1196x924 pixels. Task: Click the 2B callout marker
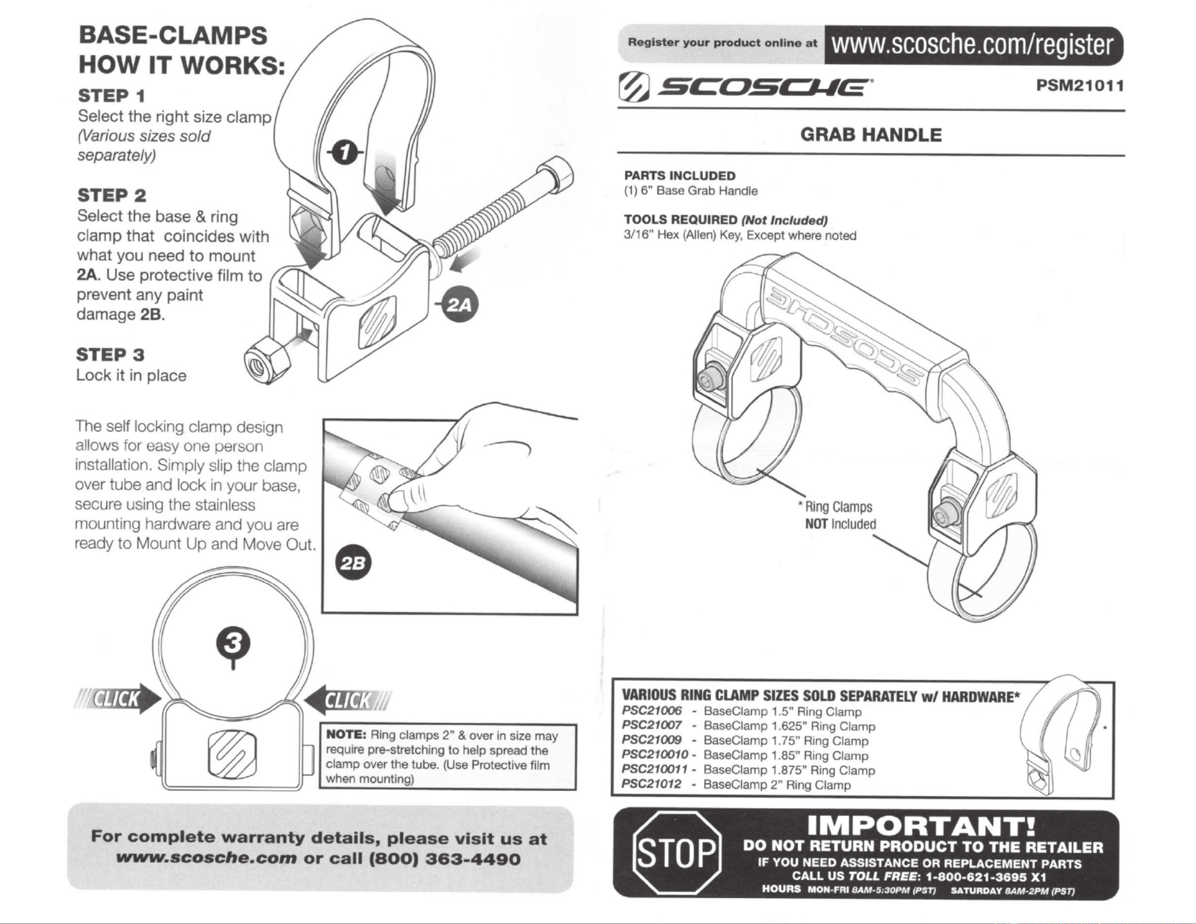click(x=353, y=563)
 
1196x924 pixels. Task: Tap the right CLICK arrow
click(x=346, y=700)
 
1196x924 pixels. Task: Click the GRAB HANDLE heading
click(x=871, y=135)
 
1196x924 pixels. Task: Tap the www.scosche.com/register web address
click(x=971, y=45)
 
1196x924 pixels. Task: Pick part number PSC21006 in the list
click(x=651, y=711)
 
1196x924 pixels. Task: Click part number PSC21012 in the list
click(x=651, y=784)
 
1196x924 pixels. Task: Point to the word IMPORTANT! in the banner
click(x=921, y=826)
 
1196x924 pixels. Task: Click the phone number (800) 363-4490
click(x=443, y=859)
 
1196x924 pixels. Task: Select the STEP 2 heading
click(x=112, y=196)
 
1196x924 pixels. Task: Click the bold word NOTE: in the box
click(x=346, y=735)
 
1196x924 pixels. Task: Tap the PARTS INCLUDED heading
click(x=679, y=175)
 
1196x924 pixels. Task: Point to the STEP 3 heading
click(x=110, y=355)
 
